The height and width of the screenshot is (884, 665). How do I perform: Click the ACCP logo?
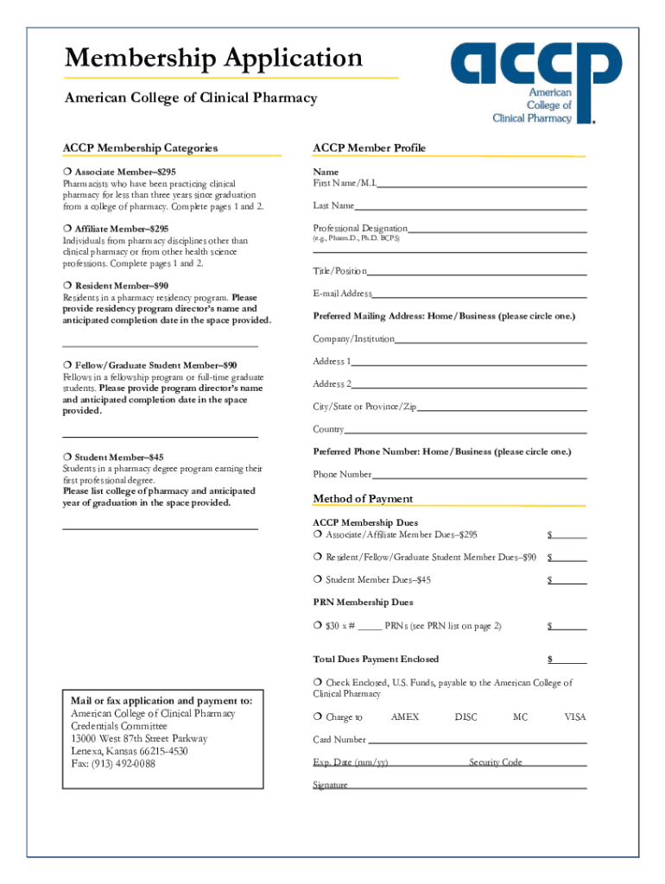535,82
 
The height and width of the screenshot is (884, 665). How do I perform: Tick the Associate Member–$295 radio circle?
66,173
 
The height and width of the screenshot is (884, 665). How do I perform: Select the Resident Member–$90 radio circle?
66,286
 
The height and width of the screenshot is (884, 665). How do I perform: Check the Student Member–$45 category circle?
66,458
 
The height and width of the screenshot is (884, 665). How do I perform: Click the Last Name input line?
471,208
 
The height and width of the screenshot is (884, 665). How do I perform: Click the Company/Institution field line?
491,341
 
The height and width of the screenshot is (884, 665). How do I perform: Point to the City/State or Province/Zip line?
502,408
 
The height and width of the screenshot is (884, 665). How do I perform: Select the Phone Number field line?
479,477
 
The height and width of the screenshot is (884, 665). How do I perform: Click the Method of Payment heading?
363,499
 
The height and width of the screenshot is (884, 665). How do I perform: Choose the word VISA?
575,717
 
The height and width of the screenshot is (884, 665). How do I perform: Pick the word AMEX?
405,717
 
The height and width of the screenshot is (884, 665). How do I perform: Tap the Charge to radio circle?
318,717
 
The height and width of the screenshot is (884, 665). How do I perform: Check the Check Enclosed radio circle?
318,683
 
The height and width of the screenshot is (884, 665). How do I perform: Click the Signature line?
467,786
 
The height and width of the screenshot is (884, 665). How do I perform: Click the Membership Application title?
214,59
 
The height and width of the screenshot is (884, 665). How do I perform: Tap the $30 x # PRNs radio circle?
318,625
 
